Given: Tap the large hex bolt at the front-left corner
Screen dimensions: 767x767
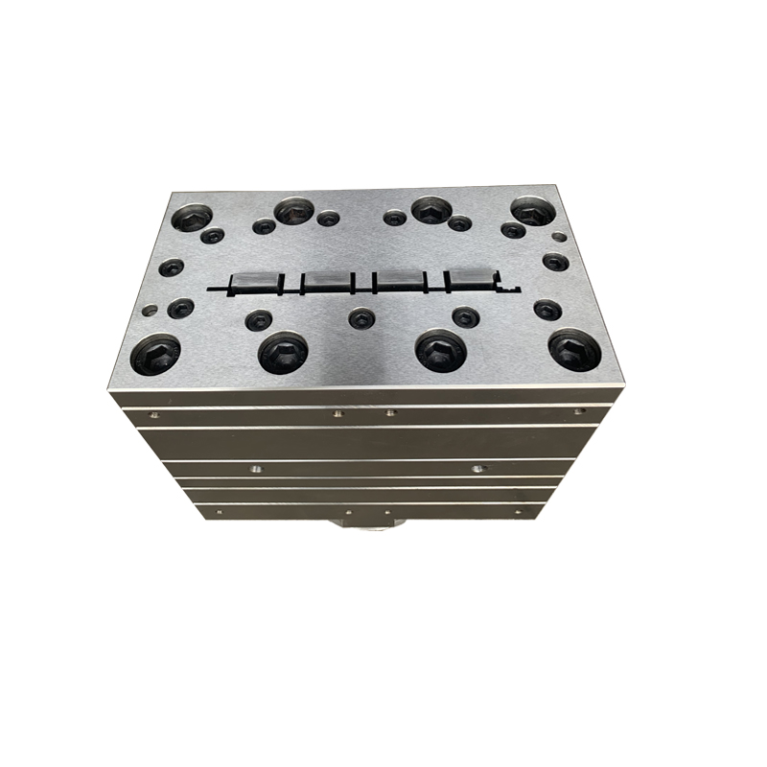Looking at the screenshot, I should click(155, 355).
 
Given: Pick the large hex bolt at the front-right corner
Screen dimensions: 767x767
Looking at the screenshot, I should click(574, 352).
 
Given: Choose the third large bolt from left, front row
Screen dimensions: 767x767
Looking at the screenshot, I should click(440, 351).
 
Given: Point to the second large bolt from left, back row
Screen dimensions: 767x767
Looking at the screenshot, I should click(293, 211).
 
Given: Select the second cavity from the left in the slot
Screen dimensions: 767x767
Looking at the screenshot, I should click(324, 281).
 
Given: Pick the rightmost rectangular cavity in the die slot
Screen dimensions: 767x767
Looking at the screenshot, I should click(466, 280).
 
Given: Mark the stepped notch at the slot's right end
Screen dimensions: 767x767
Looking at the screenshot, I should click(508, 285).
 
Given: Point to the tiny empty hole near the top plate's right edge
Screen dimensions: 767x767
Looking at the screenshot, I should click(559, 236).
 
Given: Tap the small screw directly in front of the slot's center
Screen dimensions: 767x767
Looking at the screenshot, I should click(360, 317).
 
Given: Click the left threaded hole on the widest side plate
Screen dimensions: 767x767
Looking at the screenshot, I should click(255, 469).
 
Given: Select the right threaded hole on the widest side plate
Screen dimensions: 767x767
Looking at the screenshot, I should click(476, 469).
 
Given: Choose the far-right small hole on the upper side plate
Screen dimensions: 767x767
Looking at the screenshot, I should click(578, 412).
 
